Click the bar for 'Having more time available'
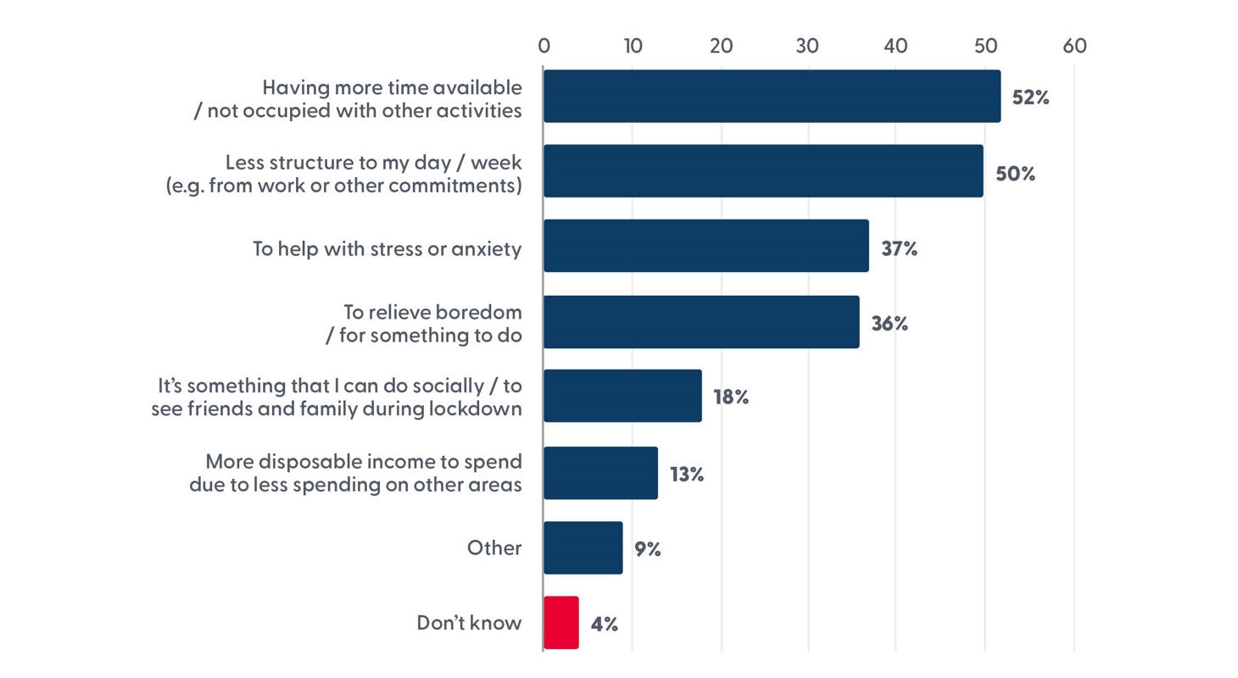click(x=772, y=97)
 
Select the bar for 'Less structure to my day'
click(x=763, y=171)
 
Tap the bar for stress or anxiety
click(x=705, y=246)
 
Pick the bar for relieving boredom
click(x=701, y=322)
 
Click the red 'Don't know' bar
click(x=561, y=623)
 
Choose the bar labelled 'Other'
click(x=583, y=548)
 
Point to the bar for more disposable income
click(x=600, y=473)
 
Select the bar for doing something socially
click(x=622, y=396)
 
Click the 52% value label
click(x=1031, y=97)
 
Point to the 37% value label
click(x=900, y=249)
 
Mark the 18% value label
click(x=730, y=397)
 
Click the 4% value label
click(x=604, y=625)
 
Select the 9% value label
click(x=647, y=549)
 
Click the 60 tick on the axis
click(x=1073, y=46)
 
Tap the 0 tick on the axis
click(x=544, y=46)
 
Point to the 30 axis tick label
click(x=808, y=46)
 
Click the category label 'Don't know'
click(x=469, y=623)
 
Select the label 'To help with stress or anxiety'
click(x=387, y=248)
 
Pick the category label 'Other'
click(x=494, y=548)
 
